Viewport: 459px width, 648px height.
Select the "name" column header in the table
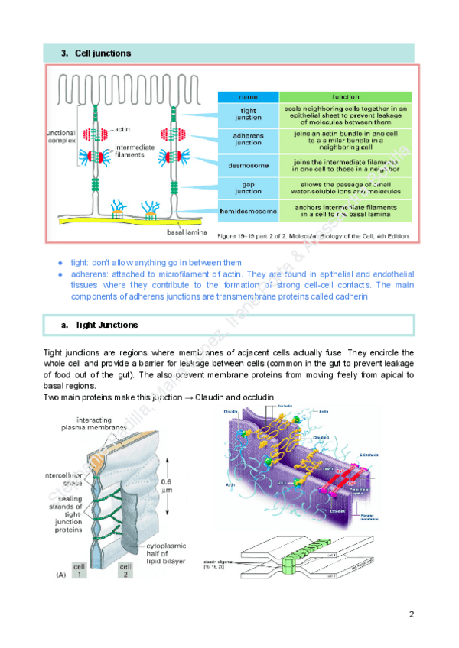pos(248,97)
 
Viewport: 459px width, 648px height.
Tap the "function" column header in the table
pos(345,97)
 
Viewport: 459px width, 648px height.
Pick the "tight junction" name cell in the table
pos(248,115)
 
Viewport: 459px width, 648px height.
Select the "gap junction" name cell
pos(248,188)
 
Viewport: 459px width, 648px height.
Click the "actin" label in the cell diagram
pos(122,129)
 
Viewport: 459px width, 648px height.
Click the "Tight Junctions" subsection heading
pos(106,325)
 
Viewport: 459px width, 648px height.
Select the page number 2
pos(411,614)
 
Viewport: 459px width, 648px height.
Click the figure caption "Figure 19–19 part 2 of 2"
pos(314,236)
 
